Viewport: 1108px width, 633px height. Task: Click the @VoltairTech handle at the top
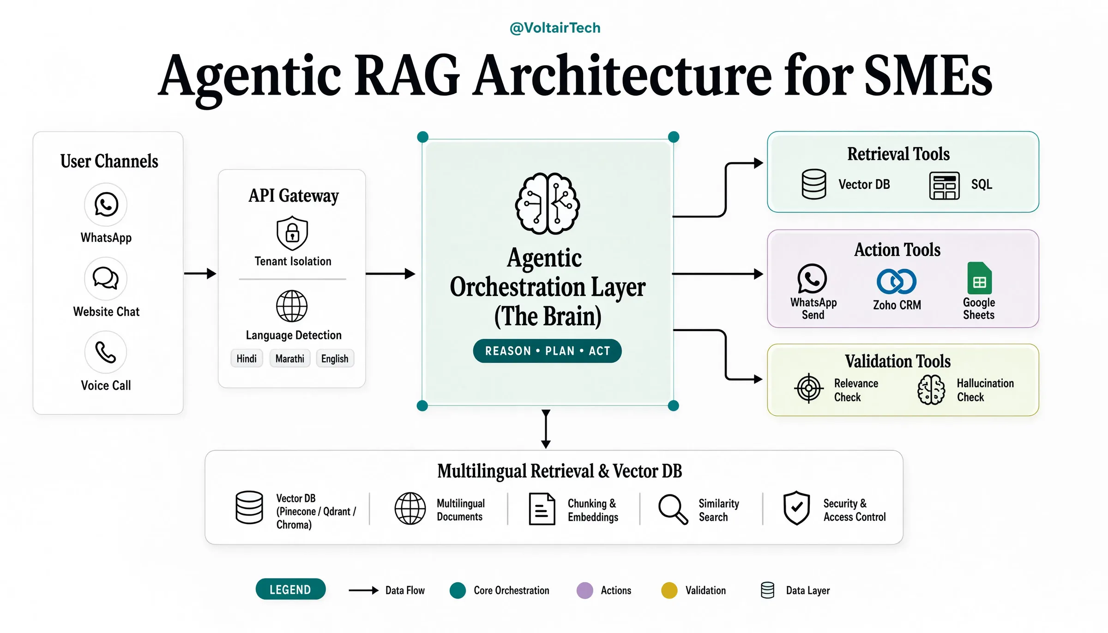click(x=555, y=28)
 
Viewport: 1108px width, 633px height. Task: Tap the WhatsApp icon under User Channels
click(x=106, y=205)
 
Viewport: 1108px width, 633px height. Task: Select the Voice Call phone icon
click(x=106, y=352)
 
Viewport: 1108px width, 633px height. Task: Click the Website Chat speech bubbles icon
click(x=106, y=278)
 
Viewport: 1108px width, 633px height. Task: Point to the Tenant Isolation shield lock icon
click(x=292, y=233)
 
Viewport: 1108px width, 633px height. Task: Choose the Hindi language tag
click(x=247, y=359)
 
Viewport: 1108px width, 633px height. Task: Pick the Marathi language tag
click(x=290, y=359)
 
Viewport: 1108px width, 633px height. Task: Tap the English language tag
click(x=335, y=359)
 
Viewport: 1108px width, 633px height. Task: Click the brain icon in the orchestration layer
click(x=548, y=204)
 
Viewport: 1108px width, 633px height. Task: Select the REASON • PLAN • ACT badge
click(x=548, y=351)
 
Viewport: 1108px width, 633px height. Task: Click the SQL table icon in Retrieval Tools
click(x=944, y=186)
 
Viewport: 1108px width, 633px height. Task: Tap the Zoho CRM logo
click(x=897, y=281)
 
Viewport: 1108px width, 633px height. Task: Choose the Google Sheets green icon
click(x=979, y=278)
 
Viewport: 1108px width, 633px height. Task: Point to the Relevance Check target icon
click(x=809, y=388)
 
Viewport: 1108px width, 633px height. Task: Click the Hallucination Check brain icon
click(x=931, y=390)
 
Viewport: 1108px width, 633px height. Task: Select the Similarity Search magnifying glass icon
click(x=673, y=509)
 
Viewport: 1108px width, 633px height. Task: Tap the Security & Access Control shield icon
click(x=796, y=508)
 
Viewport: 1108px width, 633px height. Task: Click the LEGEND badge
click(x=290, y=590)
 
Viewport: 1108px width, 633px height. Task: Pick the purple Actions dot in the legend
click(x=585, y=591)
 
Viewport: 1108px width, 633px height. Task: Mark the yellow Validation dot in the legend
click(x=669, y=591)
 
